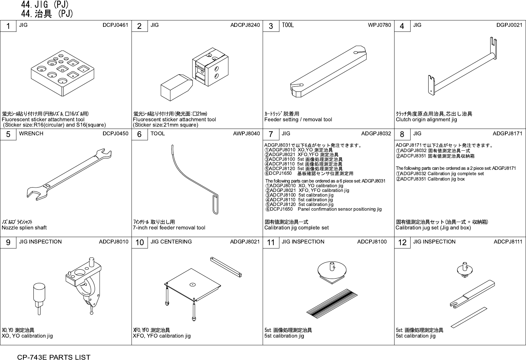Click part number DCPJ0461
tap(115, 25)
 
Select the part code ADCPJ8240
tap(245, 25)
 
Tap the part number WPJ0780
tap(379, 25)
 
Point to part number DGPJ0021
tap(509, 25)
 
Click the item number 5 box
tap(8, 134)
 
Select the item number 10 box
tap(140, 242)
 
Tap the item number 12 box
tap(402, 242)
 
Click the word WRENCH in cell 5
tap(31, 134)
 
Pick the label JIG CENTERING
tap(171, 242)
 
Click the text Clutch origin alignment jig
tap(426, 120)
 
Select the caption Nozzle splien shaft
tap(24, 228)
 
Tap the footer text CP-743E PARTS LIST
tap(54, 357)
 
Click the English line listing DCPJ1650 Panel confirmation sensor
tap(323, 209)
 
